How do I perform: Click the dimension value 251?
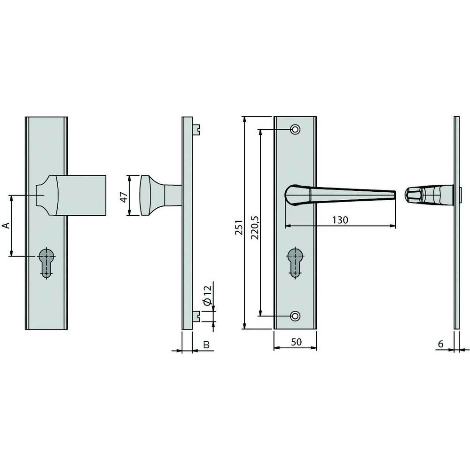239,227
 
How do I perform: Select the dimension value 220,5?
254,228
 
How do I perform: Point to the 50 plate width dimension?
296,342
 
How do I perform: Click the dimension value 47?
124,196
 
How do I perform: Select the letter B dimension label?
205,345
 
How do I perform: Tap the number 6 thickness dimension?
440,344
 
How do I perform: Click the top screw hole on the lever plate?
295,129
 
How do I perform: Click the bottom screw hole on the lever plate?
295,315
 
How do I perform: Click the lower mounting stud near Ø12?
196,317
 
